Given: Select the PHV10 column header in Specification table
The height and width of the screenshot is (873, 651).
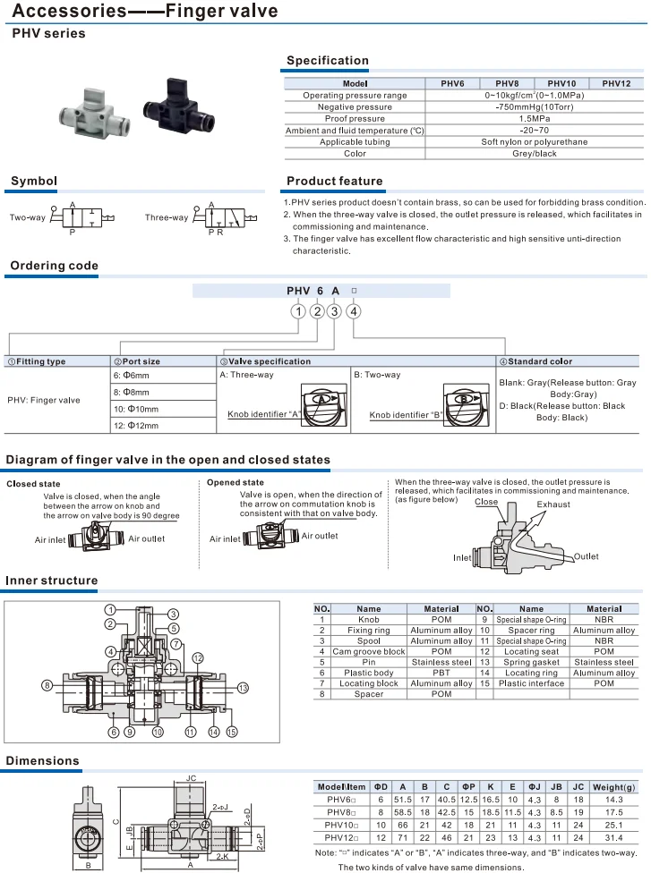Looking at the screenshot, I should click(561, 83).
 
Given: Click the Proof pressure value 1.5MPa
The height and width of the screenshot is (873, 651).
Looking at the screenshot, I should click(534, 118).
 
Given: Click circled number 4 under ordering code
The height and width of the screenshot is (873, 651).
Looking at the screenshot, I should click(355, 311).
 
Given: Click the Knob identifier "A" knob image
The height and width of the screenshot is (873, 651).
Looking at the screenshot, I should click(317, 400).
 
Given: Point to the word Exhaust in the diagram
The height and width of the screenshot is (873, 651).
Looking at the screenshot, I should click(552, 504).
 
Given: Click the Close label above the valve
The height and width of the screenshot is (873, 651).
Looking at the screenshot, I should click(486, 502).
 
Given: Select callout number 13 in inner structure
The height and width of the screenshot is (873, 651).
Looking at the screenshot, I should click(243, 687).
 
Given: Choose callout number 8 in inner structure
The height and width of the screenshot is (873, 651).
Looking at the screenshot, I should click(46, 685).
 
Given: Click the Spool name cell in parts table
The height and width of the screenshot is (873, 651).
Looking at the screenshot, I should click(368, 641).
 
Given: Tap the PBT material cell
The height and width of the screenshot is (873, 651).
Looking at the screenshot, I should click(441, 673).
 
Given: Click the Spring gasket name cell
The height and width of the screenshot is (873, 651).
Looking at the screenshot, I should click(531, 663).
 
